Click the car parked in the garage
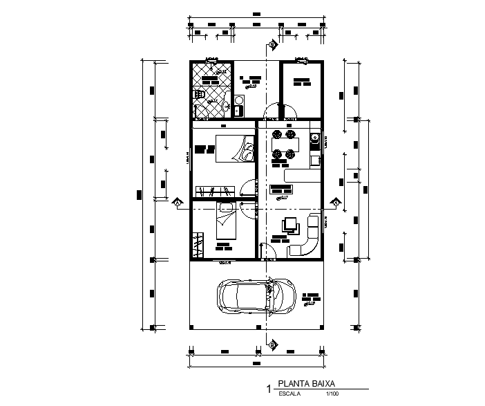click(x=257, y=297)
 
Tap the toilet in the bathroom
click(x=199, y=93)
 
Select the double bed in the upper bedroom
click(x=234, y=148)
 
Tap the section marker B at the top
click(x=272, y=45)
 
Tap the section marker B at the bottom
click(x=272, y=344)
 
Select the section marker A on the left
click(x=177, y=203)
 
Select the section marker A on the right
click(x=335, y=203)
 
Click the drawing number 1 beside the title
click(x=269, y=389)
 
